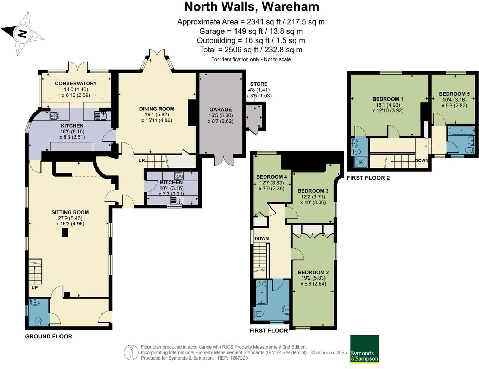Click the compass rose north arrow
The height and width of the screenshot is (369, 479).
click(23, 34)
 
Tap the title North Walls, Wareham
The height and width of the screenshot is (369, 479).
click(251, 7)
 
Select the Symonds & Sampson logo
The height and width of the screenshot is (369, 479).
click(364, 349)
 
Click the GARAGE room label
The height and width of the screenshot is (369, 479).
click(220, 109)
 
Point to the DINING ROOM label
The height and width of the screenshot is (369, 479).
click(157, 109)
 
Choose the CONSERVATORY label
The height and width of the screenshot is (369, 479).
click(76, 83)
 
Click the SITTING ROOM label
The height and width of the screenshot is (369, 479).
click(70, 212)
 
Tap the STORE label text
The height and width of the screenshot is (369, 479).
click(259, 84)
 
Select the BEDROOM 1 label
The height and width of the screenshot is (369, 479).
click(387, 99)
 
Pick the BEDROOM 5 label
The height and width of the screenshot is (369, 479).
click(454, 94)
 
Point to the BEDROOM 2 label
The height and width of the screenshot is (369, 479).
click(313, 272)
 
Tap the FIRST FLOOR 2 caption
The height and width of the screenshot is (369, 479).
click(368, 178)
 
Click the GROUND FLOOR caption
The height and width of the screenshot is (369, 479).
click(49, 336)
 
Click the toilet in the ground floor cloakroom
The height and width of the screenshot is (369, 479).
click(38, 321)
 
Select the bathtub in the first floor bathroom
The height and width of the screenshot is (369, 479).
click(262, 293)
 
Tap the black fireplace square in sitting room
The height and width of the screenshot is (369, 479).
click(65, 233)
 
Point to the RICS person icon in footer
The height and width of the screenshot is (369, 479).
click(131, 352)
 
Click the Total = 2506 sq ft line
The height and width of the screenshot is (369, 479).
click(251, 50)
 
